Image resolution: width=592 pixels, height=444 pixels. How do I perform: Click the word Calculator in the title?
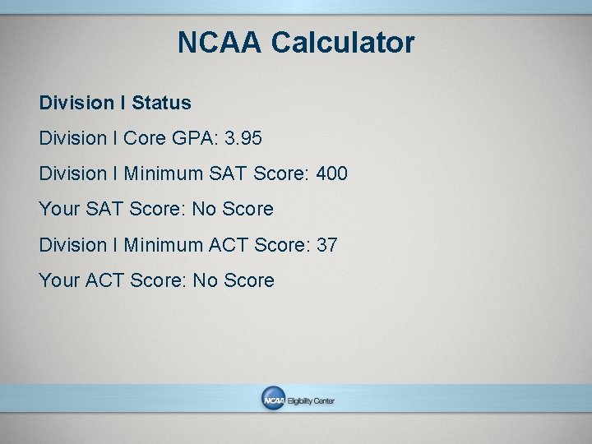point(342,43)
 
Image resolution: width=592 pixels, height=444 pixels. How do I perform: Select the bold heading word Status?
point(161,103)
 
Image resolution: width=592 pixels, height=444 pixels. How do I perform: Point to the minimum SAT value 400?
point(331,174)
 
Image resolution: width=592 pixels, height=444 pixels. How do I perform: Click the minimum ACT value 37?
point(326,245)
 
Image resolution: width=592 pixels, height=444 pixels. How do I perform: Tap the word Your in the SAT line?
point(59,210)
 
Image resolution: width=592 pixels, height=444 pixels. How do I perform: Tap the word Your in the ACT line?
point(59,280)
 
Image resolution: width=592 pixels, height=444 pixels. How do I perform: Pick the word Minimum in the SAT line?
point(164,174)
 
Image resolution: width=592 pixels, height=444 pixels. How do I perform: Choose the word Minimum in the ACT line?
point(164,245)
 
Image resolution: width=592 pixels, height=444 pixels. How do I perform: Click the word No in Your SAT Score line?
point(203,210)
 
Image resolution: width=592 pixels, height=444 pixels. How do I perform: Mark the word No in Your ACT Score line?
point(204,280)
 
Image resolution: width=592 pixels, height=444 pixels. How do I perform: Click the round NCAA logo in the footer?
point(273,400)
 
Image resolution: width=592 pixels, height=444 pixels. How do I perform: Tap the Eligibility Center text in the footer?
point(311,401)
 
